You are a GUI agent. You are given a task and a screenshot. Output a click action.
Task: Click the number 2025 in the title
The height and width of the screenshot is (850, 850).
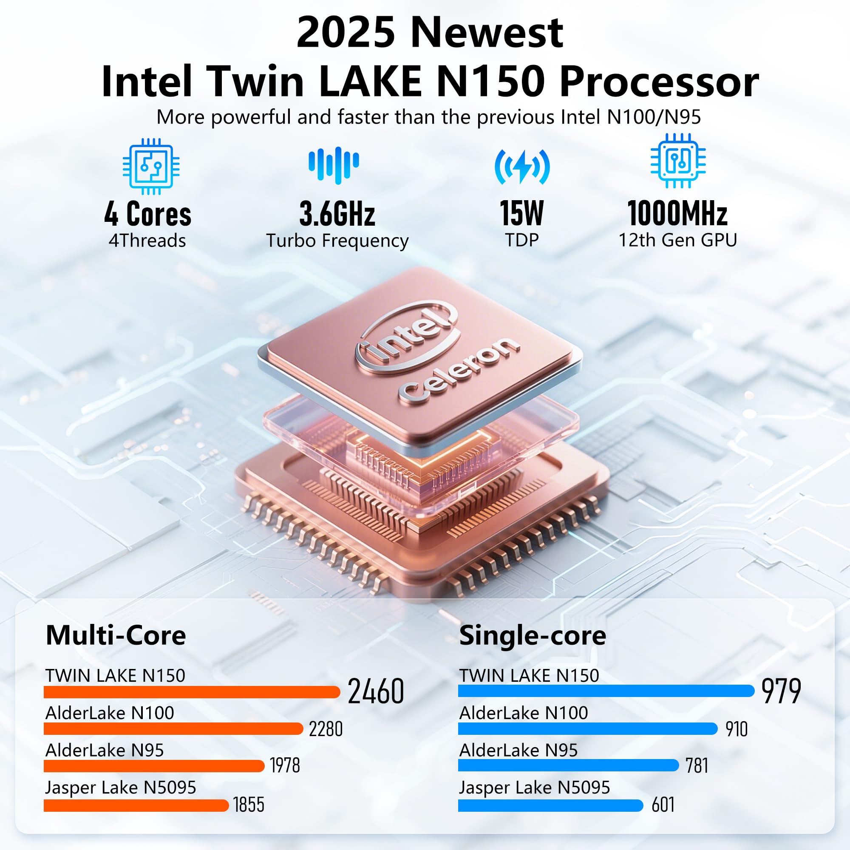[346, 33]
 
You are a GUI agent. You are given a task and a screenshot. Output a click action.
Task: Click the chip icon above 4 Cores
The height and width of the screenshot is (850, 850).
[151, 166]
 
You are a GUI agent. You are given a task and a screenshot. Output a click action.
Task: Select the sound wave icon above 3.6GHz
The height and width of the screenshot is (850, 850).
[334, 164]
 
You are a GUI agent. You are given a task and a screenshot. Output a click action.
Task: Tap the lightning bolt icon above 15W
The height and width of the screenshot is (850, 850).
[522, 167]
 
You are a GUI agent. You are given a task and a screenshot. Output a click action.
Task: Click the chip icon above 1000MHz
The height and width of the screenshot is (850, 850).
[678, 161]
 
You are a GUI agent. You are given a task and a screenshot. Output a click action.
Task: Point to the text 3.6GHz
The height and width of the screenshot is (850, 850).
[337, 214]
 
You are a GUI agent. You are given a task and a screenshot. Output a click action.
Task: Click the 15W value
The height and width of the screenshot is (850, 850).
[522, 213]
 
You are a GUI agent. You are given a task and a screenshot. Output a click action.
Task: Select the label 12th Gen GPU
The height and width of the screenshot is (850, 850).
[677, 240]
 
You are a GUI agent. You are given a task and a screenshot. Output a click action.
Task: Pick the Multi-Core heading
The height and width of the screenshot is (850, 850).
[116, 635]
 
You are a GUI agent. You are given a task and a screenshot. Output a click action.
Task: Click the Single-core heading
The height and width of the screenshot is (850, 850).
[533, 635]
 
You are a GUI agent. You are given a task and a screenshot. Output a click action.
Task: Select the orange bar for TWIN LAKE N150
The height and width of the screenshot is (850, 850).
[192, 692]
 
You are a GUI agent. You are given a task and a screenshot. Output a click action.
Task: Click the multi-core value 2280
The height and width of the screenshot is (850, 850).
[326, 729]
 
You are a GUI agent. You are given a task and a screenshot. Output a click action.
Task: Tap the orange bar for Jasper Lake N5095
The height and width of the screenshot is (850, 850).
[136, 805]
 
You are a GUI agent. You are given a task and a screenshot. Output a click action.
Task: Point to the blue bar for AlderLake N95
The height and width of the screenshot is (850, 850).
[568, 765]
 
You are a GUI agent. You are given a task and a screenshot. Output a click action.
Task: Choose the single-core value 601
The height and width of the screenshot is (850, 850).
[663, 805]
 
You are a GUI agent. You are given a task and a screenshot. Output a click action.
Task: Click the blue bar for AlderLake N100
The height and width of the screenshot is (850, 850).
[588, 728]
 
